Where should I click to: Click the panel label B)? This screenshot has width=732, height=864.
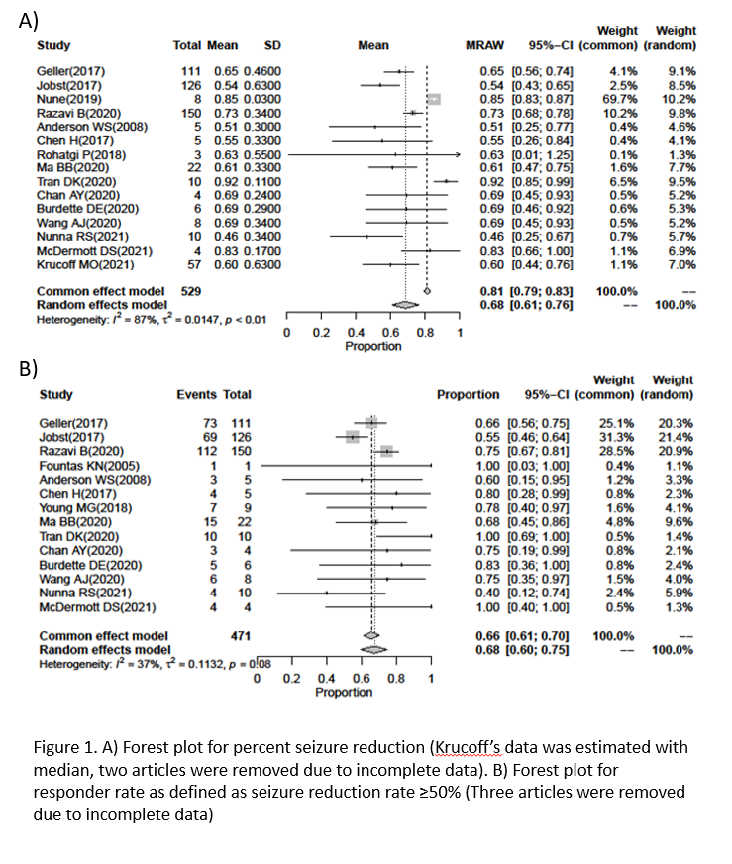[x=31, y=366]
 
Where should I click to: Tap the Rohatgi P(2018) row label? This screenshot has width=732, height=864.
[x=78, y=156]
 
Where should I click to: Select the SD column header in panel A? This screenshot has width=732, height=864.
[x=272, y=46]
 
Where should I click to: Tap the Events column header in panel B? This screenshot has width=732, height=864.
[x=196, y=395]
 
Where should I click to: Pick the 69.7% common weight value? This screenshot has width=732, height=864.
[x=618, y=100]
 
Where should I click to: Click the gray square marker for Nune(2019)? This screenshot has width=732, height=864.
[x=434, y=100]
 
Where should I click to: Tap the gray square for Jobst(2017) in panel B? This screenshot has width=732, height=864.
[x=352, y=437]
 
